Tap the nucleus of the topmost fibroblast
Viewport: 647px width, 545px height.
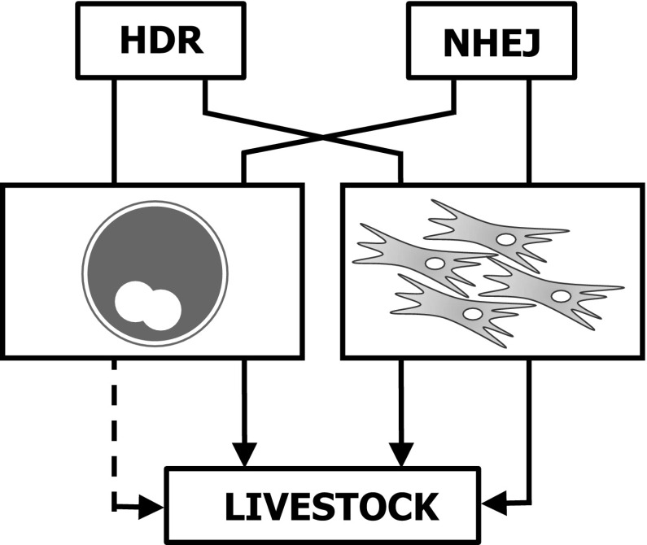(505, 239)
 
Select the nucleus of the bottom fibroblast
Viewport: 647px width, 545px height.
(472, 314)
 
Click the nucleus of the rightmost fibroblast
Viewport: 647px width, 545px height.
(560, 295)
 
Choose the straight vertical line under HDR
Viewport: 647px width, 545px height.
(115, 130)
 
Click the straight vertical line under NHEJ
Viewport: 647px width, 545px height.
(530, 130)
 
